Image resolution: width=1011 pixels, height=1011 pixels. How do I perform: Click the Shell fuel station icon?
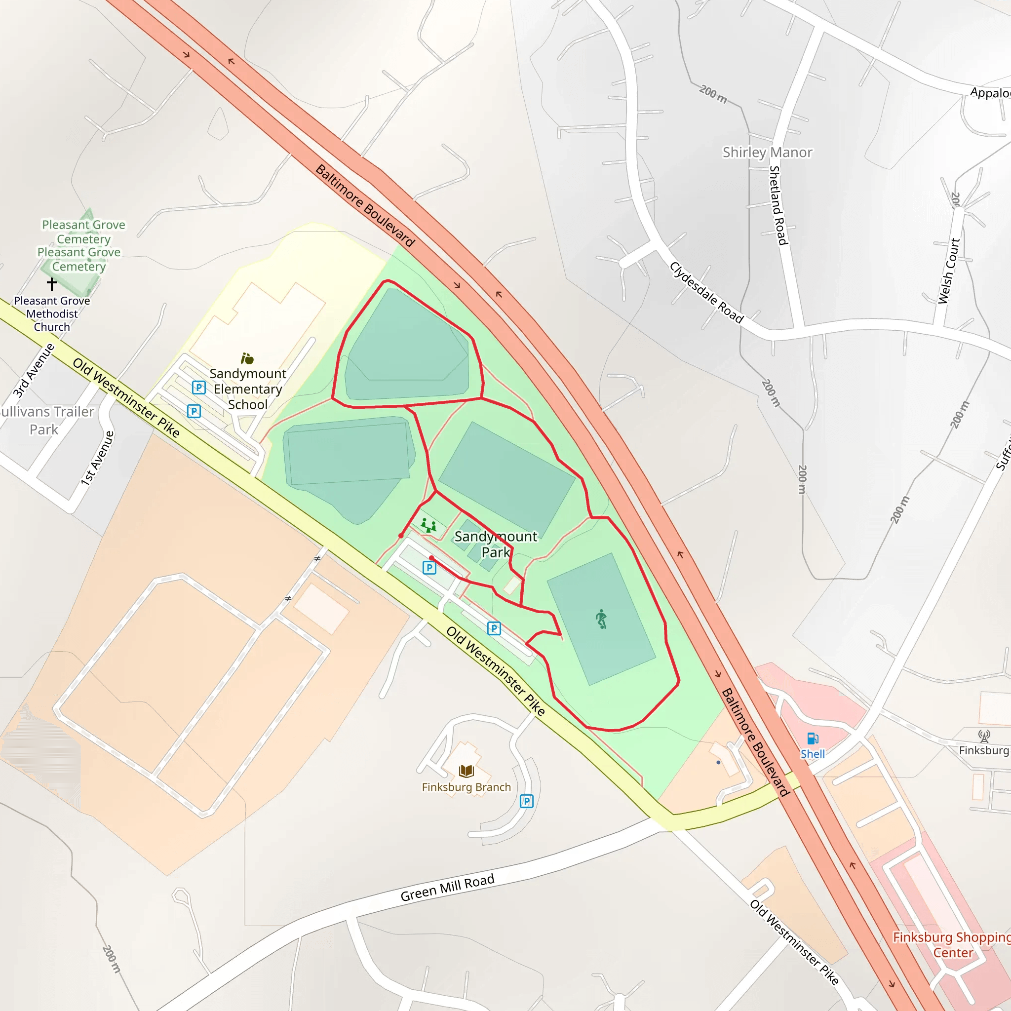point(813,739)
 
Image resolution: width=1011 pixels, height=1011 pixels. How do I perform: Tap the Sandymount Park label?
point(496,544)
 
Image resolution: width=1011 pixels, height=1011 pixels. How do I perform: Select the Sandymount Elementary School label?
point(247,389)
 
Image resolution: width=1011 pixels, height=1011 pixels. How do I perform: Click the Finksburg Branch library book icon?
point(466,771)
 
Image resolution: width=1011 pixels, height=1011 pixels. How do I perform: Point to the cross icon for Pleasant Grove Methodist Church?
point(52,284)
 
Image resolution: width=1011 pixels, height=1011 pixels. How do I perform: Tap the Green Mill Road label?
point(447,888)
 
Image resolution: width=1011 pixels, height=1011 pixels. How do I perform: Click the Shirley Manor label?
point(767,152)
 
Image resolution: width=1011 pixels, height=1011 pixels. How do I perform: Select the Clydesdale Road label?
point(706,293)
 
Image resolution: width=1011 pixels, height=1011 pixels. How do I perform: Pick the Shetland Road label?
point(778,205)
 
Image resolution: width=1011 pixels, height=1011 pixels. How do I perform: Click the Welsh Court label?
point(948,271)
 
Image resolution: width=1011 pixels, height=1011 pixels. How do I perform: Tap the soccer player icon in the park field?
point(601,619)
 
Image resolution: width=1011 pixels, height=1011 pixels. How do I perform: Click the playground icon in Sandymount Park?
point(428,525)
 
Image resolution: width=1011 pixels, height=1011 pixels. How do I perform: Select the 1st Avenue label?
point(97,458)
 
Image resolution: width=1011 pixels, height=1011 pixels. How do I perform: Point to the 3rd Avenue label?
point(34,370)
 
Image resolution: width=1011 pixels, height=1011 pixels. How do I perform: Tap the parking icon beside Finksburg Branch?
point(526,801)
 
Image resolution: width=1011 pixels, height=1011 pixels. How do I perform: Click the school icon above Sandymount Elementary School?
point(247,358)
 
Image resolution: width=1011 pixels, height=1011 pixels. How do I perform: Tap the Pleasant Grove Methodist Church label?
point(52,313)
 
